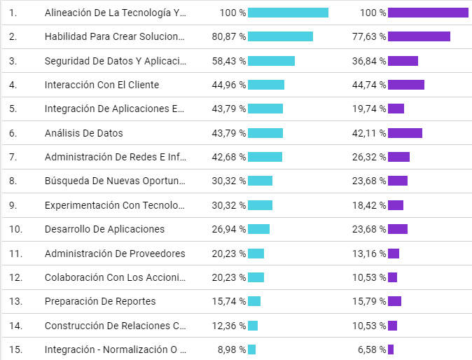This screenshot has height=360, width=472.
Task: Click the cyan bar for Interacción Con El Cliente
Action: (x=266, y=85)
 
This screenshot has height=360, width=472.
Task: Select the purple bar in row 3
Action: (x=403, y=61)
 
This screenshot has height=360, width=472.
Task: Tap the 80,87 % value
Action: (x=228, y=36)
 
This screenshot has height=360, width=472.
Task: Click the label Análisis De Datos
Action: (x=83, y=133)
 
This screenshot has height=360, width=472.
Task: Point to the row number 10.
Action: (x=15, y=229)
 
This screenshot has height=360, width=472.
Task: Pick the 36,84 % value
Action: (x=369, y=61)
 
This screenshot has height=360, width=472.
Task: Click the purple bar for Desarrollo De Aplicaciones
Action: (x=398, y=229)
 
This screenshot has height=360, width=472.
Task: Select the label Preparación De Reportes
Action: (x=100, y=301)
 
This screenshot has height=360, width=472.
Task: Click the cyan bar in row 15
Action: (x=251, y=349)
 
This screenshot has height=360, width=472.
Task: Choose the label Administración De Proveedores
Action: (x=115, y=254)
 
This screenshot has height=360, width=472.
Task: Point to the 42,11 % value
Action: (x=369, y=133)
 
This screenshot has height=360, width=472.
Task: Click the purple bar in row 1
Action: (x=428, y=13)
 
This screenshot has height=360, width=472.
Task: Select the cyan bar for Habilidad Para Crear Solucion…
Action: (x=280, y=36)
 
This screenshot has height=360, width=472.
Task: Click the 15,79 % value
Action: (x=369, y=301)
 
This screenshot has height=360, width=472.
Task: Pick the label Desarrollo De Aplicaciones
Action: (x=104, y=229)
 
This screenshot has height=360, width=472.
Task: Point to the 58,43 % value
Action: (x=228, y=61)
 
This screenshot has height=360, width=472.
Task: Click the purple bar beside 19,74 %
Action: (x=396, y=109)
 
